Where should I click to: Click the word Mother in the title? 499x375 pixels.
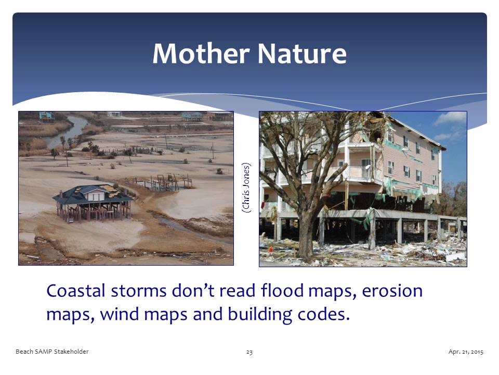(200, 54)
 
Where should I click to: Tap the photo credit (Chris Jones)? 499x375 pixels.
(247, 187)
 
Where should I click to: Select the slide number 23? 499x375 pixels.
(249, 352)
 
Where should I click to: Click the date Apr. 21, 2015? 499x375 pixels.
(466, 352)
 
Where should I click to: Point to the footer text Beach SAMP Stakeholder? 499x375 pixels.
(52, 352)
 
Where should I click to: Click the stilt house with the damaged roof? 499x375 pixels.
(93, 201)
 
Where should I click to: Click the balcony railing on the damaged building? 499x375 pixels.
(359, 172)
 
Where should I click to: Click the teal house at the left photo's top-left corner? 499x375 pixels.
(46, 116)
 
